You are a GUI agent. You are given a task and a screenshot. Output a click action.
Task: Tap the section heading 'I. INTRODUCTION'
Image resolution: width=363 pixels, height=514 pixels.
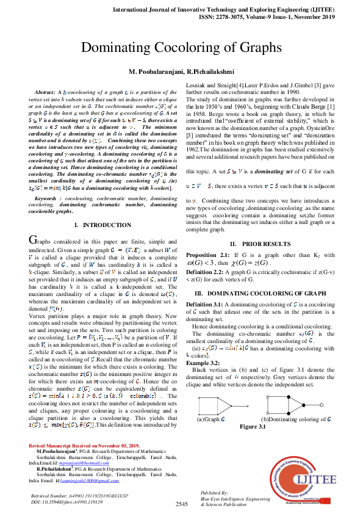pyautogui.click(x=98, y=209)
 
